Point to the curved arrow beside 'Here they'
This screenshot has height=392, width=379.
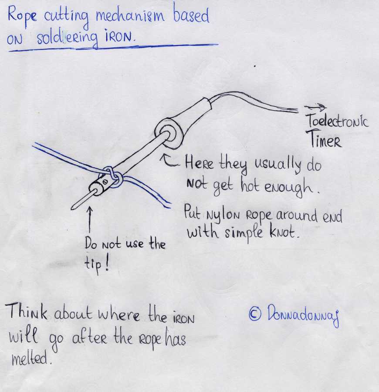click(170, 162)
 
